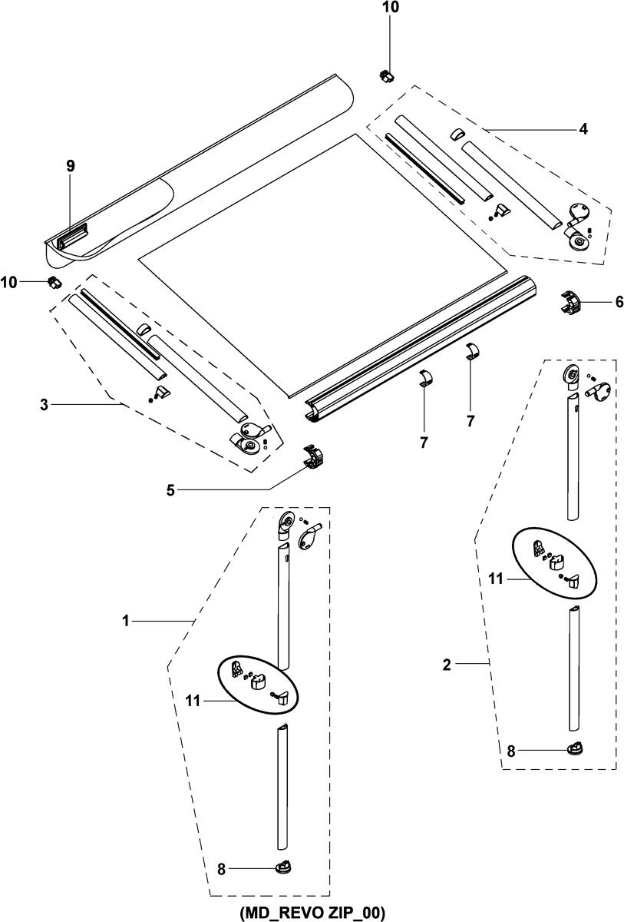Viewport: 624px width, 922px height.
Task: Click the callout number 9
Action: click(x=70, y=165)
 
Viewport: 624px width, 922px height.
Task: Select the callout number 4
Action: click(x=583, y=129)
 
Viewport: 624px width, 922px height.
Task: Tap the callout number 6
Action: click(x=619, y=302)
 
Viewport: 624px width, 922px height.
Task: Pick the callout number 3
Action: click(x=45, y=404)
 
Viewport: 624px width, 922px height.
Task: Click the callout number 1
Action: click(x=125, y=620)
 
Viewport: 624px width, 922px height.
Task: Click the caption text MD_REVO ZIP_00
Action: click(x=312, y=912)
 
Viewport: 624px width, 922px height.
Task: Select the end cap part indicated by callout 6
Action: click(x=572, y=302)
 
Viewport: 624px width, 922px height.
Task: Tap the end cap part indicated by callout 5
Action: click(x=315, y=457)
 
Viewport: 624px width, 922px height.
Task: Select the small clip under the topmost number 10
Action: click(x=386, y=75)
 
